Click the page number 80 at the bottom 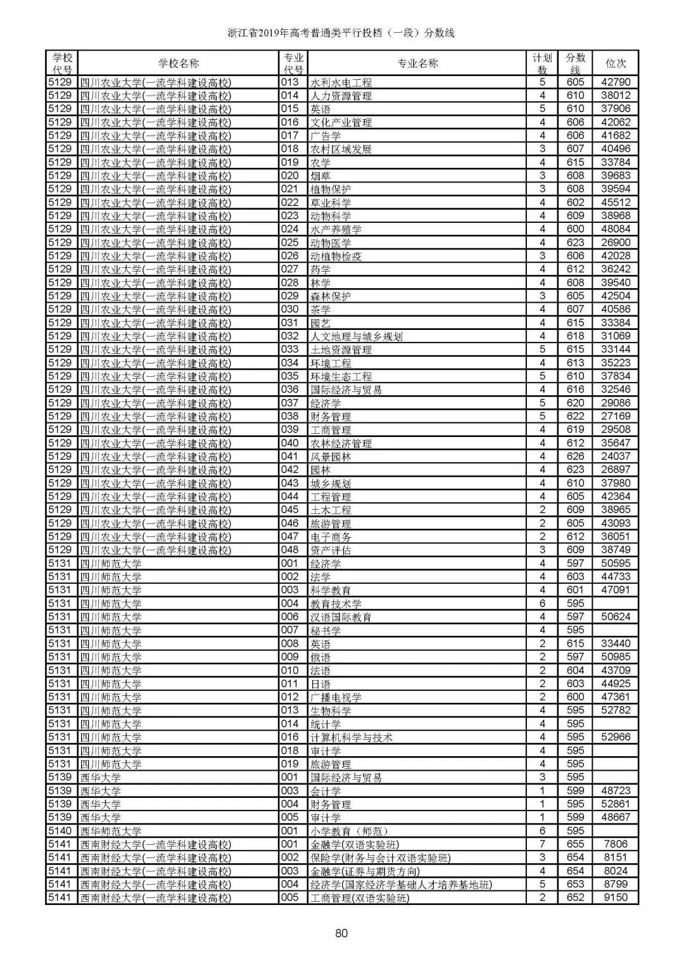tap(342, 932)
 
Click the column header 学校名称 tap(178, 63)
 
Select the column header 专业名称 tap(417, 63)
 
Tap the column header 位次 tap(616, 63)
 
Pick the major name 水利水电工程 tap(341, 82)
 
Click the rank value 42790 tap(616, 82)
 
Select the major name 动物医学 tap(331, 243)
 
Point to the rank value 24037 tap(616, 457)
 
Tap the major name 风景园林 tap(331, 457)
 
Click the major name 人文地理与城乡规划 tap(356, 336)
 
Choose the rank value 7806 tap(616, 844)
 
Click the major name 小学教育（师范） tap(349, 831)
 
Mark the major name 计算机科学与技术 tap(351, 737)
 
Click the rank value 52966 tap(616, 737)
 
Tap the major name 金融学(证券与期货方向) tap(365, 871)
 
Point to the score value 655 tap(575, 844)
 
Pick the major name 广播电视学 tap(336, 697)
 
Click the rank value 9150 tap(616, 898)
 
